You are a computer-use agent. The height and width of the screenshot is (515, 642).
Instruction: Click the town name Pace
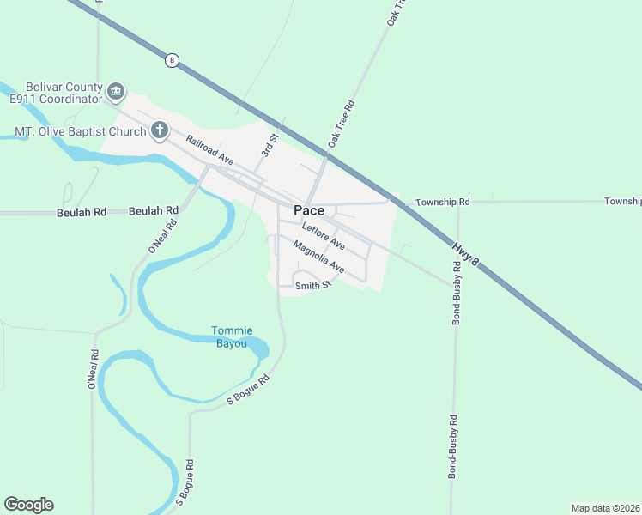coord(309,210)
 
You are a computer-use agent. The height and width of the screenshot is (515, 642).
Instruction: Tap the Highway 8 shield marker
coord(173,60)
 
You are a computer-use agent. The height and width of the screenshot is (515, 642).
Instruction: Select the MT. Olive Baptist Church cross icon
coord(159,131)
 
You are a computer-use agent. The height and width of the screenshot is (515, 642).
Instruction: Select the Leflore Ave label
coord(324,236)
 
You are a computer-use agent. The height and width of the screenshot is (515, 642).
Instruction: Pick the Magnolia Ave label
coord(318,257)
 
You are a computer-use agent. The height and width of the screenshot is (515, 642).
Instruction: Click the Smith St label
coord(312,285)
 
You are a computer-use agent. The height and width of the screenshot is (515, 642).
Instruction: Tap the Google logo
coord(28,505)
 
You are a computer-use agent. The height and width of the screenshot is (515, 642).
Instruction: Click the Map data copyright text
coord(605,508)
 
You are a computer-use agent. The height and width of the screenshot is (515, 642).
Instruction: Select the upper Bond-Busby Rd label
coord(456,299)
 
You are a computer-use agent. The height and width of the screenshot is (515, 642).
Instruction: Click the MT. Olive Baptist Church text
coord(79,132)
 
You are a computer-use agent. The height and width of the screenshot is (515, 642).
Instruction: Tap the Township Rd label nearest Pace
coord(443,202)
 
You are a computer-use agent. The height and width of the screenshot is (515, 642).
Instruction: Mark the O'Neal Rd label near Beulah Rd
coord(162,235)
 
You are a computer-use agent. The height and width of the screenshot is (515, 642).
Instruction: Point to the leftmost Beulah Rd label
coord(81,212)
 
